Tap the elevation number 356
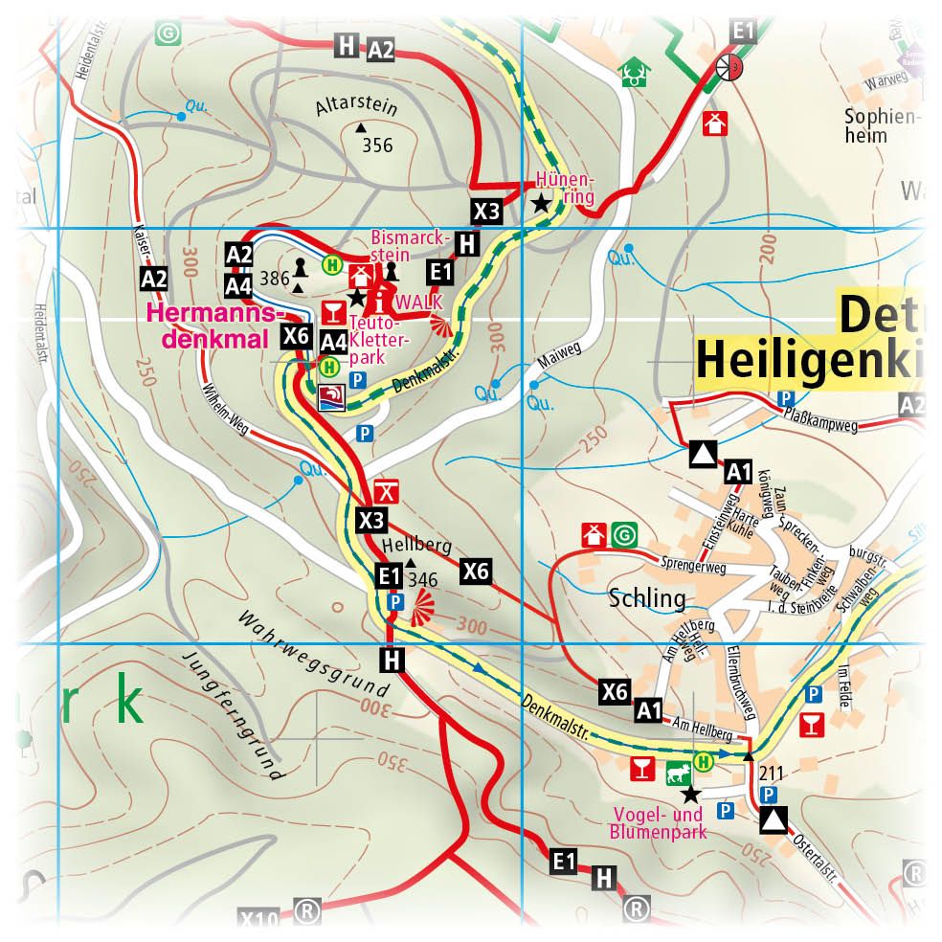(x=377, y=146)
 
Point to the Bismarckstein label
(x=390, y=246)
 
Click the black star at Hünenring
(x=542, y=202)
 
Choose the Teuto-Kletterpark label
(x=380, y=341)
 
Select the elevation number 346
(x=422, y=580)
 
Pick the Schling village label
(x=647, y=599)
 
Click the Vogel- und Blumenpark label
(x=658, y=823)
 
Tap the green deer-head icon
(x=632, y=73)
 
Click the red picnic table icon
(x=386, y=491)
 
